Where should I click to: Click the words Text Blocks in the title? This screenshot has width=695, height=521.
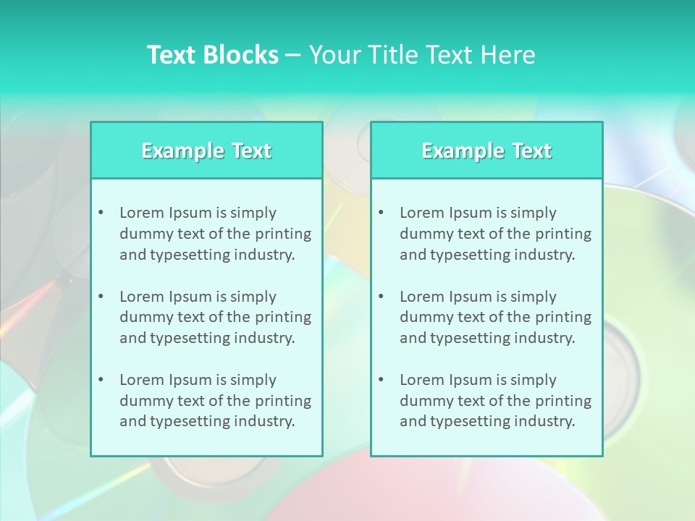tap(212, 55)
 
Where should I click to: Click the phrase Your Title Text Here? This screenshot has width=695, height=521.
tap(422, 55)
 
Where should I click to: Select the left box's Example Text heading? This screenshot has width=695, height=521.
tap(206, 151)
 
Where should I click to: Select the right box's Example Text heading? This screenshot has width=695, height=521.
tap(486, 151)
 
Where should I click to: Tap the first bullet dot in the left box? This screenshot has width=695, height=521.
tap(101, 213)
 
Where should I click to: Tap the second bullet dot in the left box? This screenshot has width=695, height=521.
tap(101, 297)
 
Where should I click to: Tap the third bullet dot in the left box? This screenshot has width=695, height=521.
tap(101, 380)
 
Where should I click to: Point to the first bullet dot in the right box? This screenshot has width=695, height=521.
tap(381, 213)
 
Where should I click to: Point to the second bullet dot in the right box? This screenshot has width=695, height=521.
tap(381, 297)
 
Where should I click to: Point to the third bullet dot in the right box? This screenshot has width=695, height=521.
tap(381, 380)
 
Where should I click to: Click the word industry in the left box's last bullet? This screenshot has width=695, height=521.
tap(264, 421)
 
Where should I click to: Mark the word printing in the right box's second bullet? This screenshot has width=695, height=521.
tap(564, 317)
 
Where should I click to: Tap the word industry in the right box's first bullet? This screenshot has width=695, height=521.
tap(544, 255)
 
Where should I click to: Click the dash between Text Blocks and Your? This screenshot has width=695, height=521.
tap(293, 56)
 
